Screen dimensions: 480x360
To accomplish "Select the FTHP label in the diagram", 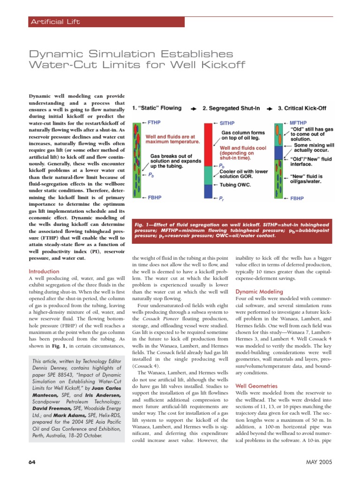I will pyautogui.click(x=154, y=122).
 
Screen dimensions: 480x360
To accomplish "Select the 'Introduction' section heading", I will pyautogui.click(x=44, y=271).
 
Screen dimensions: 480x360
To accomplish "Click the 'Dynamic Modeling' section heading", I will pyautogui.click(x=259, y=291).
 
